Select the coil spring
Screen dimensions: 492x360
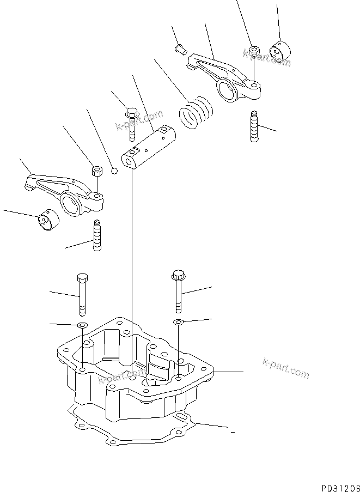click(196, 113)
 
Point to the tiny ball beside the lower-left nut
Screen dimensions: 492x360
click(114, 172)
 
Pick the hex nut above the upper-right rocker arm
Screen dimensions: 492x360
click(253, 52)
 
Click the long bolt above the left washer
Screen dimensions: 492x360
click(82, 295)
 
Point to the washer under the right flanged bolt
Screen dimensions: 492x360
click(178, 323)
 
